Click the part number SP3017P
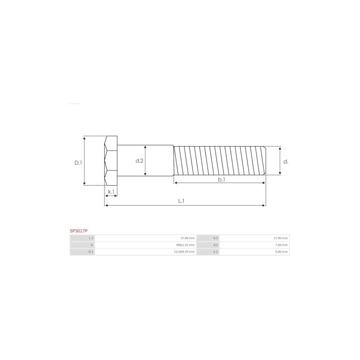tap(78, 230)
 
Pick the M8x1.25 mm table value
tap(186, 245)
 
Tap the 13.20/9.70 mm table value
tap(184, 252)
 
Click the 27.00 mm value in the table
tap(281, 238)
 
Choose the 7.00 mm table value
tap(282, 245)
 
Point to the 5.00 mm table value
tap(282, 252)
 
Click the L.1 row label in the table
tap(91, 238)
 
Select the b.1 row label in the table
tap(216, 238)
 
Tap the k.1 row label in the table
tap(216, 252)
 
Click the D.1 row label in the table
tap(91, 252)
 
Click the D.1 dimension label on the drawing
tap(78, 162)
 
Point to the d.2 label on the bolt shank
tap(139, 161)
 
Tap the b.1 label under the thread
tap(221, 179)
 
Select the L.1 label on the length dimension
tap(180, 201)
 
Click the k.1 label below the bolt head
tap(111, 192)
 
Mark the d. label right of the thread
tap(286, 161)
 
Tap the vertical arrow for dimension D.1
tap(84, 160)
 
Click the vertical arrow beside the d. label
tap(280, 160)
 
